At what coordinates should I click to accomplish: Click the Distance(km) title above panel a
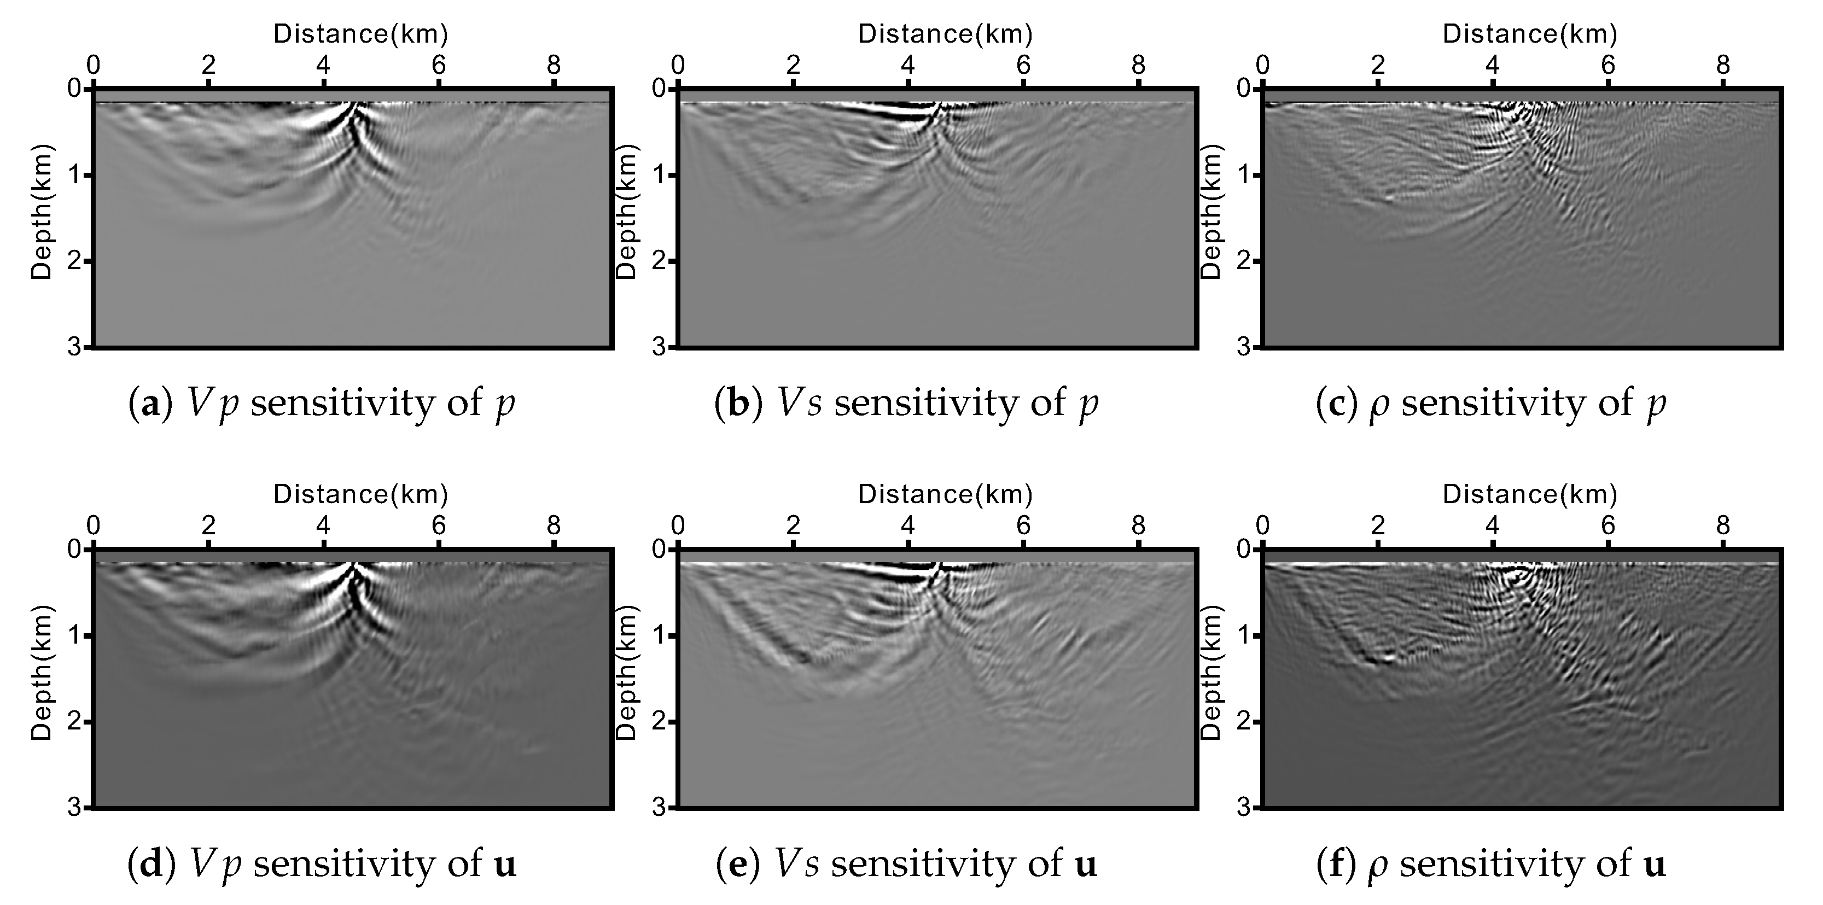[361, 34]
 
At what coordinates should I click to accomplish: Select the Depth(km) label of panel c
[1211, 212]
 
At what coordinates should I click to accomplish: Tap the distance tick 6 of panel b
[1023, 66]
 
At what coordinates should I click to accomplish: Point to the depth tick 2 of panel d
[74, 722]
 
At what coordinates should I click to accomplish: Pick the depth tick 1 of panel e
[659, 635]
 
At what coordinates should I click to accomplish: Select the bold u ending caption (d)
[505, 865]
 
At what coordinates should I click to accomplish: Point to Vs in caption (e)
[797, 864]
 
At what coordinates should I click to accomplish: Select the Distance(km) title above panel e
[946, 494]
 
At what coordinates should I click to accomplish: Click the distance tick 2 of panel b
[793, 66]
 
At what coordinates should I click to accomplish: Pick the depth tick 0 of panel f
[1243, 549]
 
